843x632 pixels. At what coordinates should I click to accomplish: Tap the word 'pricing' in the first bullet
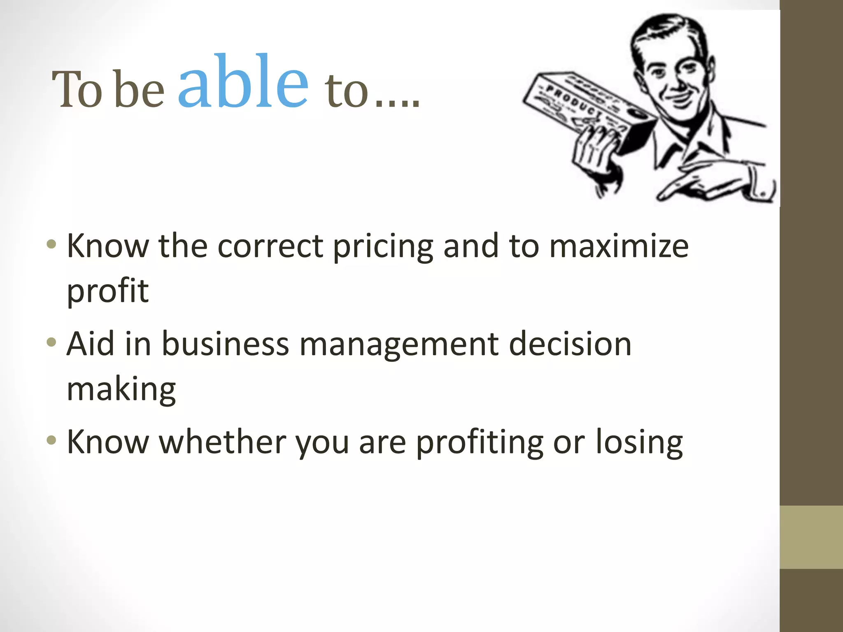coord(383,247)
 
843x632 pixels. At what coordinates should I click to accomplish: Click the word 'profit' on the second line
coord(107,291)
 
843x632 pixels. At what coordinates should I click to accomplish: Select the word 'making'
coord(121,390)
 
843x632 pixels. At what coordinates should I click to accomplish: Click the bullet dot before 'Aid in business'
coord(51,342)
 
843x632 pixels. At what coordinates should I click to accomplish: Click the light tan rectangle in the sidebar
coord(811,537)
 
